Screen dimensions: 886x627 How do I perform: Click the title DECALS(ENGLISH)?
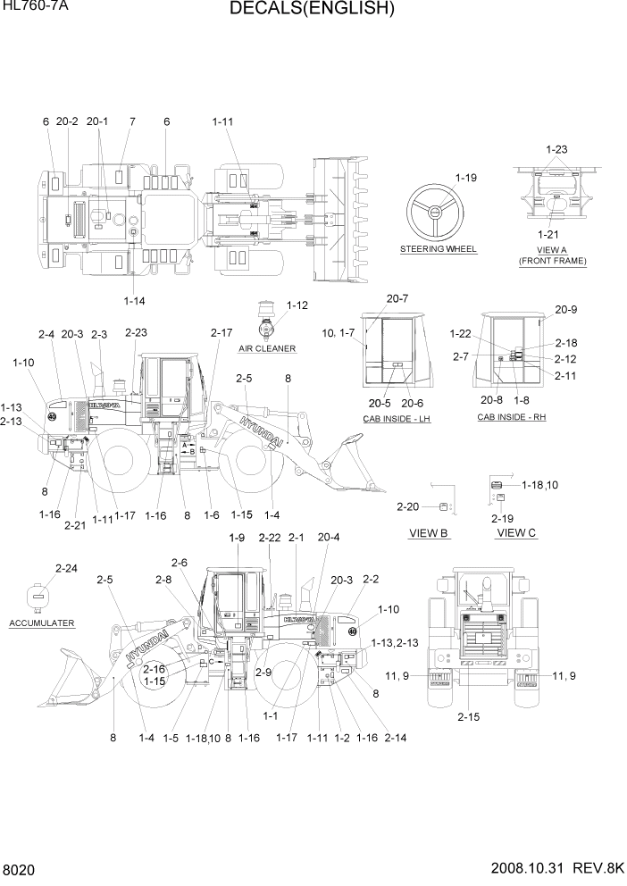313,10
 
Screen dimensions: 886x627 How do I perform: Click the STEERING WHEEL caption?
439,248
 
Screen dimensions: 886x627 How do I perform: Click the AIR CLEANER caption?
268,347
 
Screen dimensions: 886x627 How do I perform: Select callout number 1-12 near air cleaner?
297,305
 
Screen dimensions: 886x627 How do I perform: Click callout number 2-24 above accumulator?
65,568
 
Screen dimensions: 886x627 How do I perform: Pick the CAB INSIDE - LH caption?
396,418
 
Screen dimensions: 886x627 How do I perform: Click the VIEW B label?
429,533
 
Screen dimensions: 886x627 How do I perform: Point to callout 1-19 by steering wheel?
465,178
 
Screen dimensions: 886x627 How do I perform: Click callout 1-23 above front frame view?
556,150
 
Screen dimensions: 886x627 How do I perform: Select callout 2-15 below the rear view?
468,716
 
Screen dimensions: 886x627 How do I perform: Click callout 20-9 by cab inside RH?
565,310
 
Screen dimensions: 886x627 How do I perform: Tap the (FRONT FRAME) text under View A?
553,261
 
